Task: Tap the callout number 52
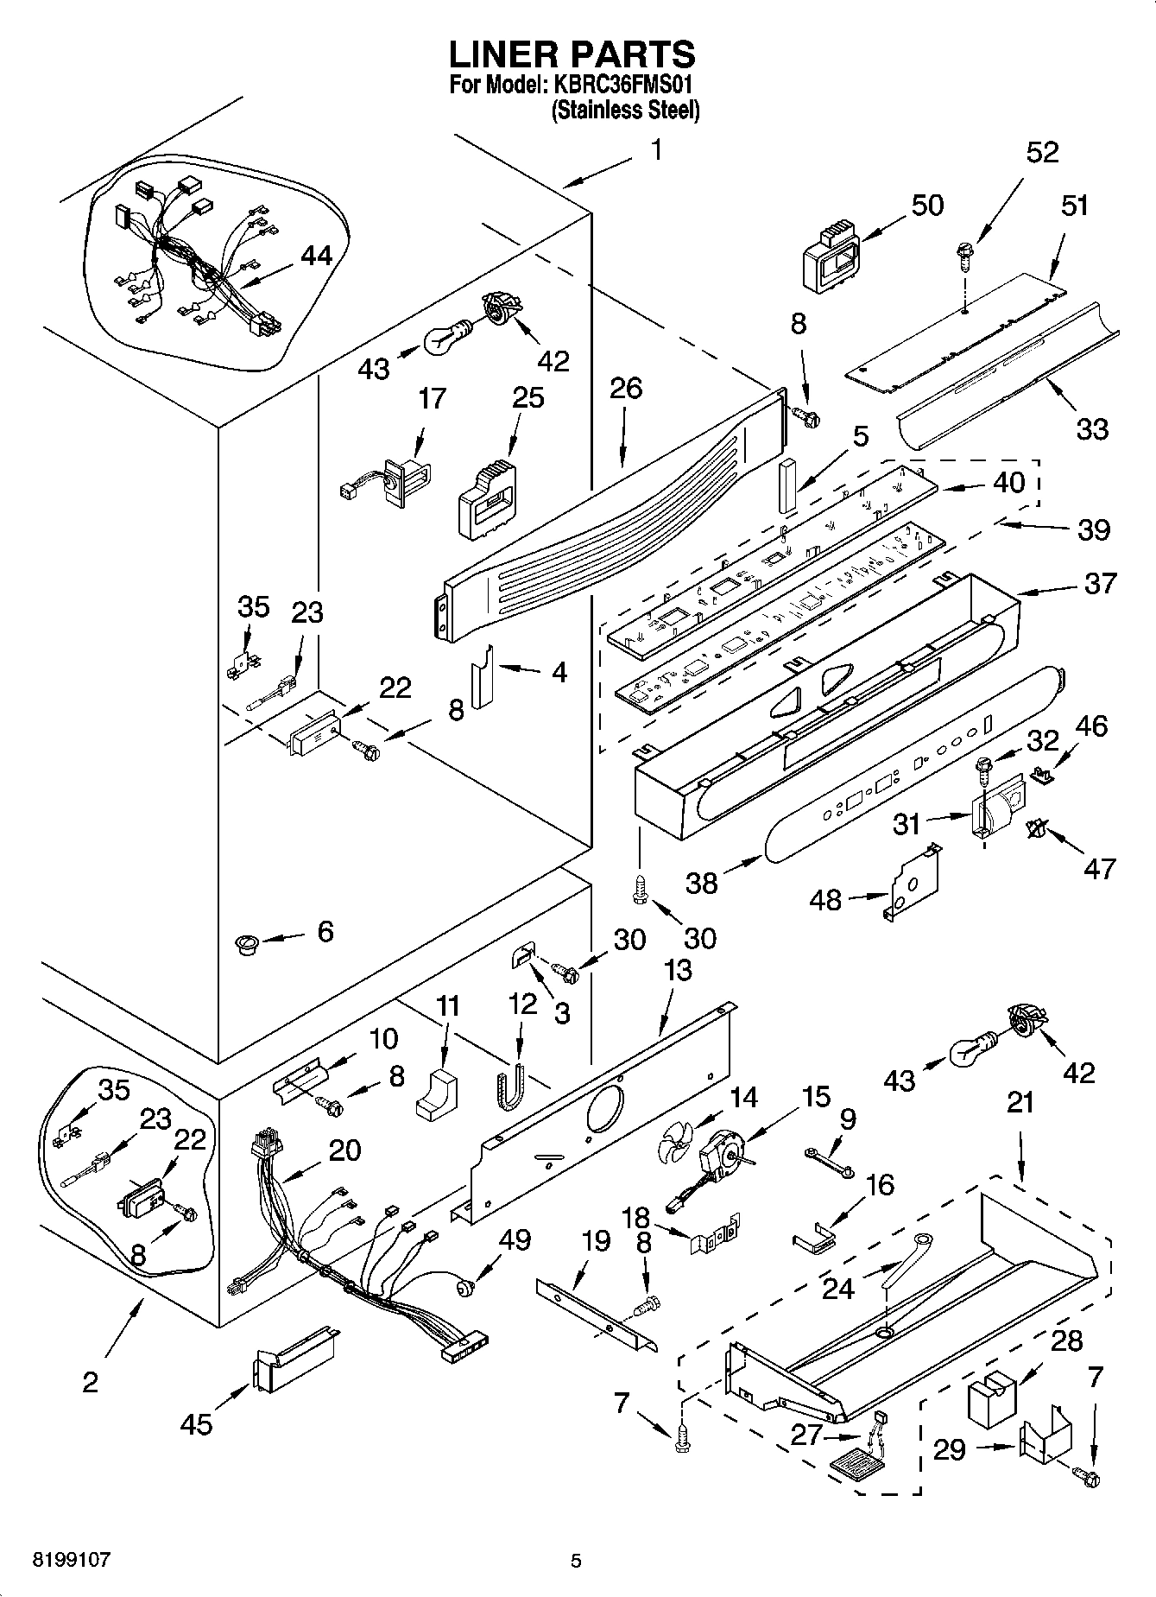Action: pos(1042,152)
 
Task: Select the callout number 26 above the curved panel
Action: pos(626,388)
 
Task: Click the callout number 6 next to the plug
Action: pos(325,931)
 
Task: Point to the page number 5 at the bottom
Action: pos(576,1561)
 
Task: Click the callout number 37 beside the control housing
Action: pos(1100,583)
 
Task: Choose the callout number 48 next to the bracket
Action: pos(824,899)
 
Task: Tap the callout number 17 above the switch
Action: pos(433,398)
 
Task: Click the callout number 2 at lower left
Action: pos(91,1381)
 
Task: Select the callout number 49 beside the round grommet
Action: pos(515,1240)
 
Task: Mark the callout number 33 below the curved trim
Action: pos(1092,429)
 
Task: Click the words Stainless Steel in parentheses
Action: pos(625,111)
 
